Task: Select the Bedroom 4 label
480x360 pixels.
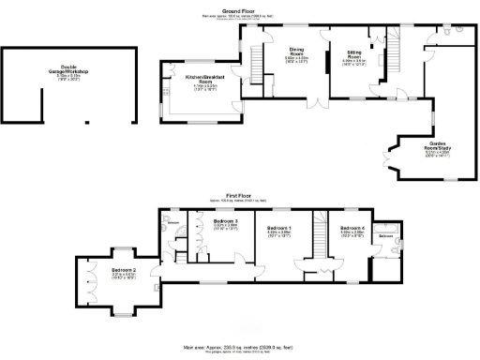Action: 352,228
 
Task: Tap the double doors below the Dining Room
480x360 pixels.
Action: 317,103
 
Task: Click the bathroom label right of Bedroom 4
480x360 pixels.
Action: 385,237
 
